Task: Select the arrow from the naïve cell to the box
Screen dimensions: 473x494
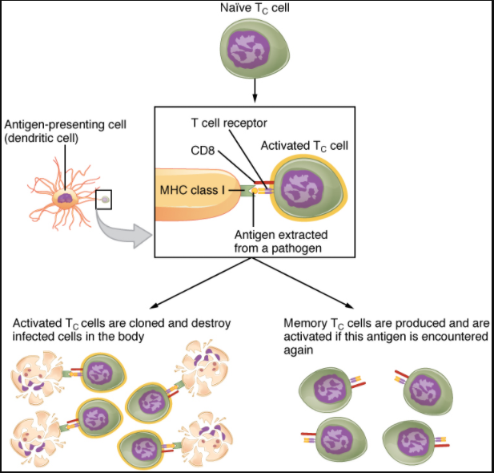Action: click(x=255, y=94)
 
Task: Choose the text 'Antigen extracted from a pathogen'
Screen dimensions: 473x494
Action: click(x=275, y=241)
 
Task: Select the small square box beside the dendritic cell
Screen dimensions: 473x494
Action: click(x=103, y=198)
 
